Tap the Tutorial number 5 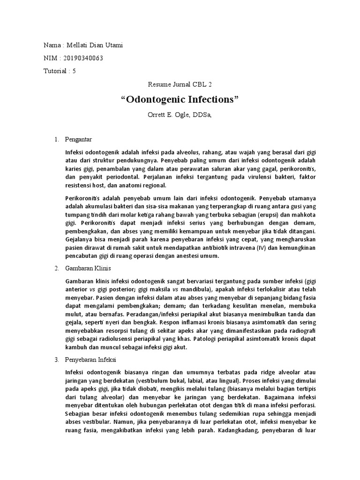coord(74,71)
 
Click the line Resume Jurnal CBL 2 coord(180,85)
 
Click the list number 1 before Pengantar coord(56,140)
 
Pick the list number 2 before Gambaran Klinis coord(56,269)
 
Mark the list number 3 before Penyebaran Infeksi coord(56,360)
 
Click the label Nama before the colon coord(52,45)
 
